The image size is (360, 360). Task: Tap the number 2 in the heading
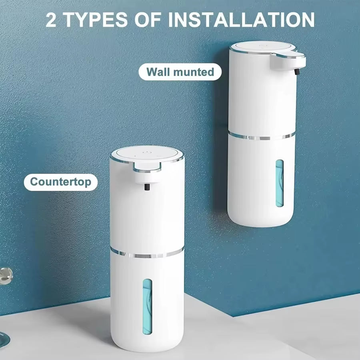pos(51,20)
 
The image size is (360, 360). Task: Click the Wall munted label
pos(180,72)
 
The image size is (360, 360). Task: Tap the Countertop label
pos(60,182)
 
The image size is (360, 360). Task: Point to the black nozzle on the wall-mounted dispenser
pos(296,72)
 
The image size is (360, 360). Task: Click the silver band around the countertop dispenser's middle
pos(147,254)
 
